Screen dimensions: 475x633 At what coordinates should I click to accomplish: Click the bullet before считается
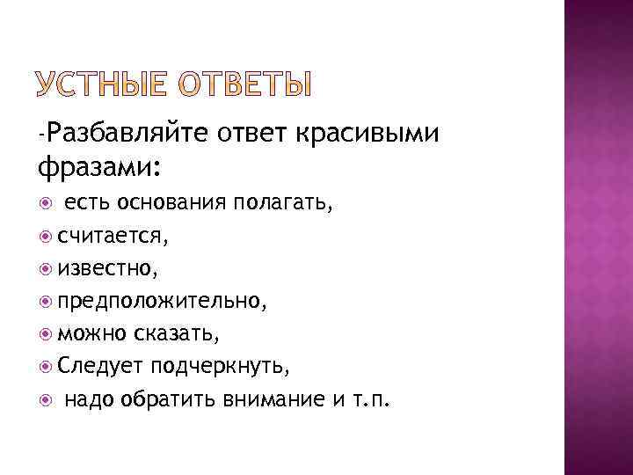pos(45,236)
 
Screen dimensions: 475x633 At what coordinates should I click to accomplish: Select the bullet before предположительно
pos(45,300)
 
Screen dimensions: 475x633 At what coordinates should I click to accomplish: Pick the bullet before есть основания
pos(45,205)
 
